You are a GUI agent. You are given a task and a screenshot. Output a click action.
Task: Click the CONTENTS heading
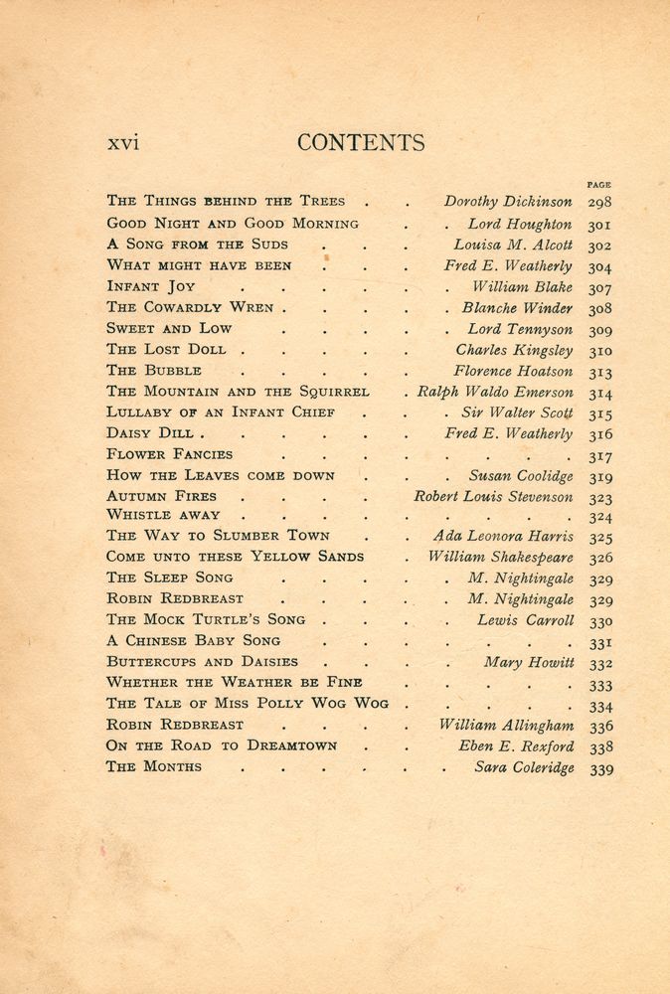(x=361, y=143)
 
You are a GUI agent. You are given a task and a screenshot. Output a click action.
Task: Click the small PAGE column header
(x=599, y=185)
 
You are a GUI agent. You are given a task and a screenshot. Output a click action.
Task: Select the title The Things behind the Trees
(x=226, y=201)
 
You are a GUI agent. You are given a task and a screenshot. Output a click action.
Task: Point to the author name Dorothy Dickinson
(x=508, y=202)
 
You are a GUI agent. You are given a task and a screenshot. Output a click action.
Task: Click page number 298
(x=600, y=203)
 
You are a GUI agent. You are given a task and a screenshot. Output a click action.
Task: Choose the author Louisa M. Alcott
(x=513, y=245)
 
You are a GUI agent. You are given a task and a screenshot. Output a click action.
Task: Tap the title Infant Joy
(x=151, y=286)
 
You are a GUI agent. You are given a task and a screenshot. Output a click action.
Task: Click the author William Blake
(x=522, y=286)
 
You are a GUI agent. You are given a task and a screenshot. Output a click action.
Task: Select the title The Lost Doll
(x=166, y=349)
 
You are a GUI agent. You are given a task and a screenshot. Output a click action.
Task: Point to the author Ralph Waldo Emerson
(x=495, y=392)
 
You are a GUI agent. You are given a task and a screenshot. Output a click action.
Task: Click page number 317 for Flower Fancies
(x=600, y=456)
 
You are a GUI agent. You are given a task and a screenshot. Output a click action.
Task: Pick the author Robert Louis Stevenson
(x=493, y=496)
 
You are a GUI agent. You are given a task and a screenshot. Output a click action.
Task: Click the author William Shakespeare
(x=501, y=558)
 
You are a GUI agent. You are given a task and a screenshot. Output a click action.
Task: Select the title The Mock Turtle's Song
(x=206, y=619)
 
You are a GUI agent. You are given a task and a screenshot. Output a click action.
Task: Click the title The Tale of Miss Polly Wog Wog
(x=248, y=704)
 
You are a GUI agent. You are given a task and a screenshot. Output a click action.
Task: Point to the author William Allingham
(x=506, y=726)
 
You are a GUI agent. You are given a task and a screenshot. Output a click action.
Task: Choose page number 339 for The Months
(x=600, y=768)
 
